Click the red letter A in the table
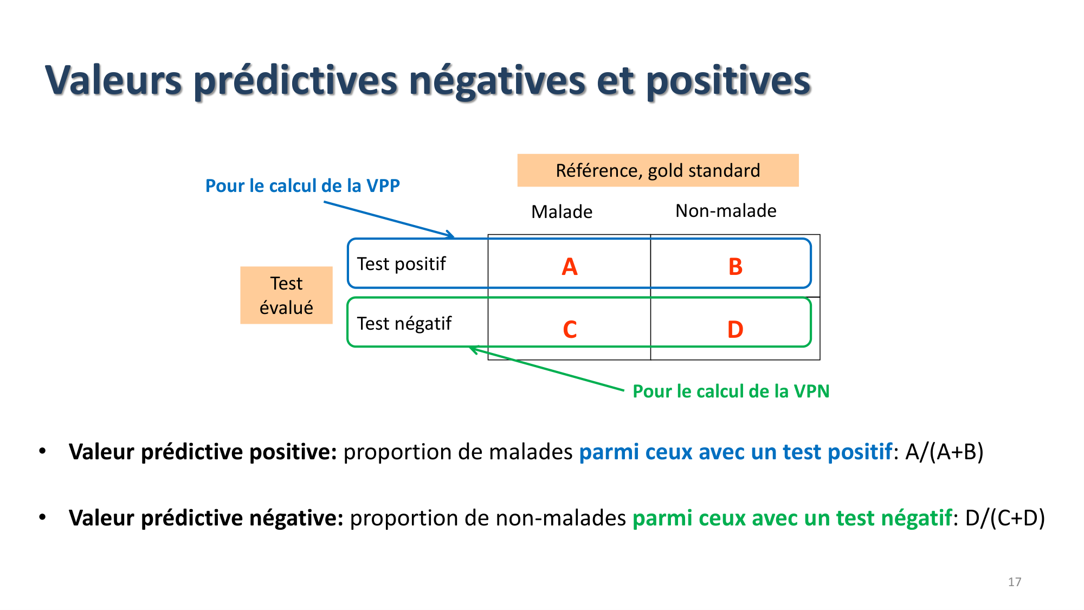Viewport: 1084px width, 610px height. [x=570, y=267]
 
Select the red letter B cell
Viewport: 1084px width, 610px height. [x=735, y=267]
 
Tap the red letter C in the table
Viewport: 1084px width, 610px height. [x=570, y=329]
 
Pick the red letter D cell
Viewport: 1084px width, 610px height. [x=735, y=329]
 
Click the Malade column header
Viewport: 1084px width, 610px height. [x=562, y=211]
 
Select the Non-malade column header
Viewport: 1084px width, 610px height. [x=726, y=210]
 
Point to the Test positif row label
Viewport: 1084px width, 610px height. [x=401, y=264]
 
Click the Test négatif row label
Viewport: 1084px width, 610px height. [x=404, y=324]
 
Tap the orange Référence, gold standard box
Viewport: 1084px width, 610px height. [x=657, y=170]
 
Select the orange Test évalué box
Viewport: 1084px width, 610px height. [x=286, y=295]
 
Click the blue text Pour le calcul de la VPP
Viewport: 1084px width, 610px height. [x=302, y=186]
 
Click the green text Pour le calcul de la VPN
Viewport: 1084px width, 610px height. [x=731, y=391]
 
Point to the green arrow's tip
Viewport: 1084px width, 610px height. [x=470, y=348]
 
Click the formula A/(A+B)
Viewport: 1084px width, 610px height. [x=944, y=452]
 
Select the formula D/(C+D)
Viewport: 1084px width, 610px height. [x=1005, y=518]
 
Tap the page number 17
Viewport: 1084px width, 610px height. [x=1015, y=582]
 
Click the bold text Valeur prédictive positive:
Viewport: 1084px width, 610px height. [x=203, y=452]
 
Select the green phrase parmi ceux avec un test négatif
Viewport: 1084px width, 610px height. [x=792, y=518]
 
